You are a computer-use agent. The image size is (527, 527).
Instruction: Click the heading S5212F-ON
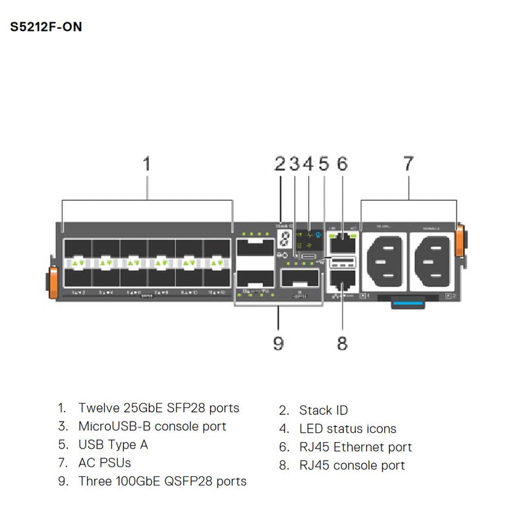(46, 28)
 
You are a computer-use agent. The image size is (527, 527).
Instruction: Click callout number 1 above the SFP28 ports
(147, 163)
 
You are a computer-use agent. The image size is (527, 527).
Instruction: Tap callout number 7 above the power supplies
(408, 163)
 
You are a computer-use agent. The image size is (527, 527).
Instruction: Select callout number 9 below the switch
(278, 343)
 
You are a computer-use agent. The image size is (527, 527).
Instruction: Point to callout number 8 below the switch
(341, 343)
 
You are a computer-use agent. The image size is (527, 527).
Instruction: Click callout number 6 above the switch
(341, 163)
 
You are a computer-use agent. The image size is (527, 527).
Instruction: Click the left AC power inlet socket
(384, 259)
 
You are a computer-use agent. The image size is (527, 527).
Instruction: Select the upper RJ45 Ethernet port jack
(343, 242)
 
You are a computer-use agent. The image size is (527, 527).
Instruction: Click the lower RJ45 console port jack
(343, 283)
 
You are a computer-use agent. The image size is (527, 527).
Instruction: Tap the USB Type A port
(343, 263)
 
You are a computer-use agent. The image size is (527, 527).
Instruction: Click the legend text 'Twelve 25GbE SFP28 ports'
(158, 408)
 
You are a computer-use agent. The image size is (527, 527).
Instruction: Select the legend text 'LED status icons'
(347, 429)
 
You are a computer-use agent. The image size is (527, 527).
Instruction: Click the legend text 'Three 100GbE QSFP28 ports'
(162, 482)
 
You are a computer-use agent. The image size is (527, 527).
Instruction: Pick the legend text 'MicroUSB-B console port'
(152, 426)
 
